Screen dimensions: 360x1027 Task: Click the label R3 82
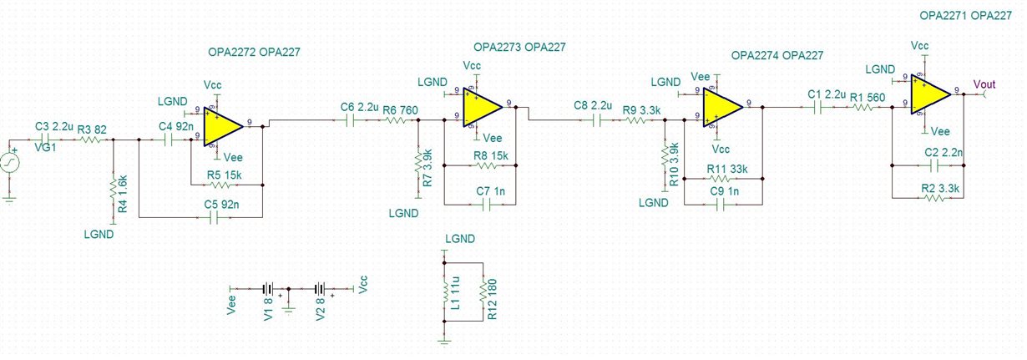tap(94, 129)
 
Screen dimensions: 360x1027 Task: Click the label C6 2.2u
tap(360, 108)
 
